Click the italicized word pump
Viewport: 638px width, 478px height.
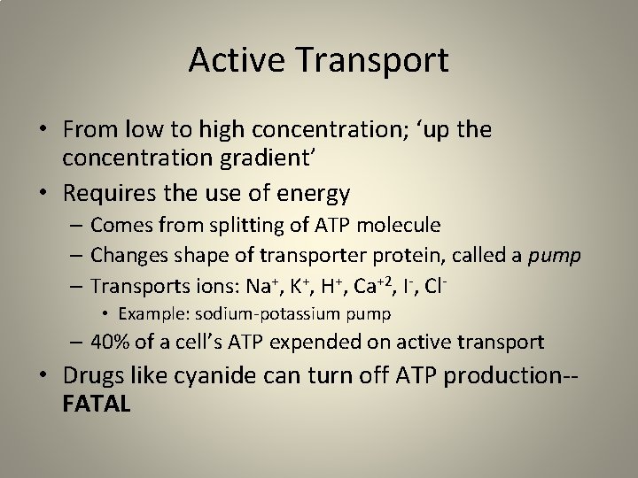coord(554,257)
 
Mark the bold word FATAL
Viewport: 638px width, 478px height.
coord(97,405)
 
